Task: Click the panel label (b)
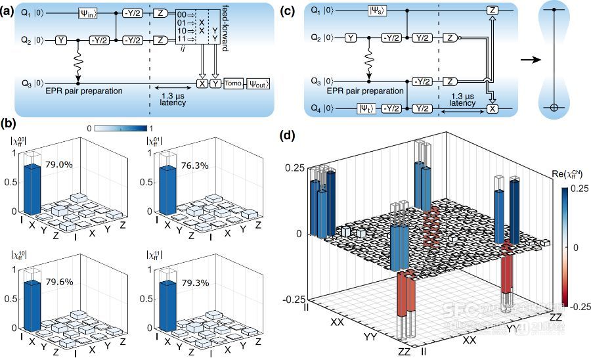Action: pos(9,123)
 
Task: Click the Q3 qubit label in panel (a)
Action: pos(22,83)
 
